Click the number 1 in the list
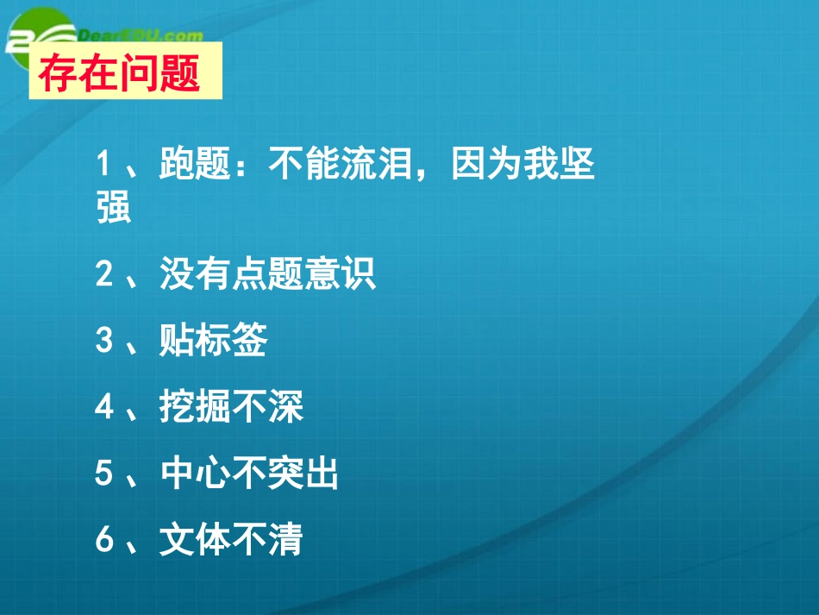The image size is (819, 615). (x=104, y=164)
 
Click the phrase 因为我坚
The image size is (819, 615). (x=523, y=164)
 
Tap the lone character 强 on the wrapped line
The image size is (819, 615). (x=114, y=208)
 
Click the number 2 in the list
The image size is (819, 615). (x=104, y=275)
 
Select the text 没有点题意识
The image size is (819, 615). (x=268, y=275)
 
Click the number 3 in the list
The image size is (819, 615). (x=104, y=342)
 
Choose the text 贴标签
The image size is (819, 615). (x=214, y=342)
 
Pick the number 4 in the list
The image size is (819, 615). (x=104, y=408)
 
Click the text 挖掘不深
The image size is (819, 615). (x=232, y=408)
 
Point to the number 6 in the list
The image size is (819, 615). (x=104, y=541)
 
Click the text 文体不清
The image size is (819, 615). (x=232, y=541)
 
